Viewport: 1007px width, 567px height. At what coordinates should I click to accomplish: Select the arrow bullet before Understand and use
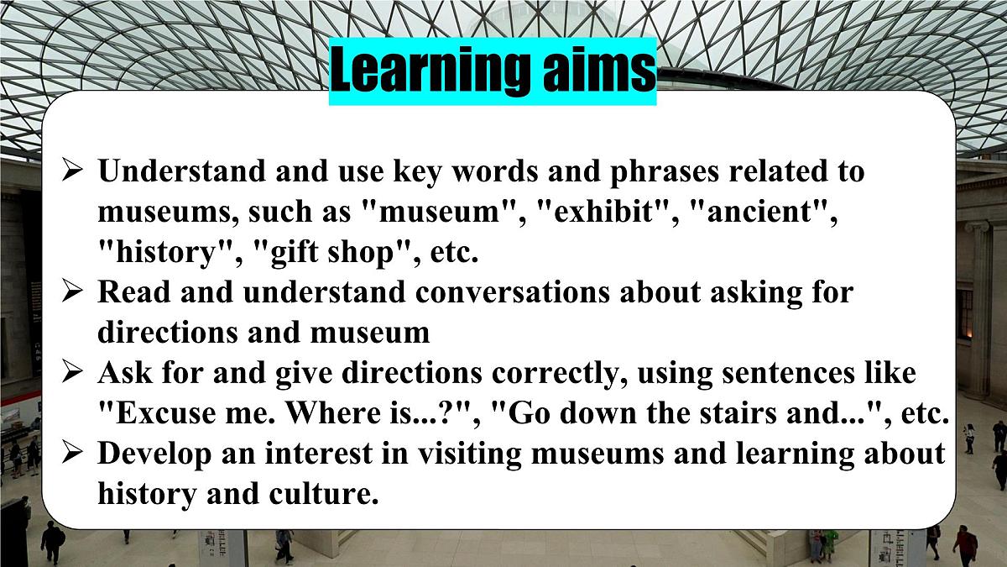pos(73,171)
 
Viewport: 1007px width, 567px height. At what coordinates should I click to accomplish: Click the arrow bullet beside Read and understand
pos(73,292)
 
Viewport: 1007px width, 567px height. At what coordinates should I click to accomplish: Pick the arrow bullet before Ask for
pos(73,373)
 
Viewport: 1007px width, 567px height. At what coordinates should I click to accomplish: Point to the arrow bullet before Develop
pos(73,454)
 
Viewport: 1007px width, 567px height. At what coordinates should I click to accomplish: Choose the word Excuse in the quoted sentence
pos(164,414)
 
